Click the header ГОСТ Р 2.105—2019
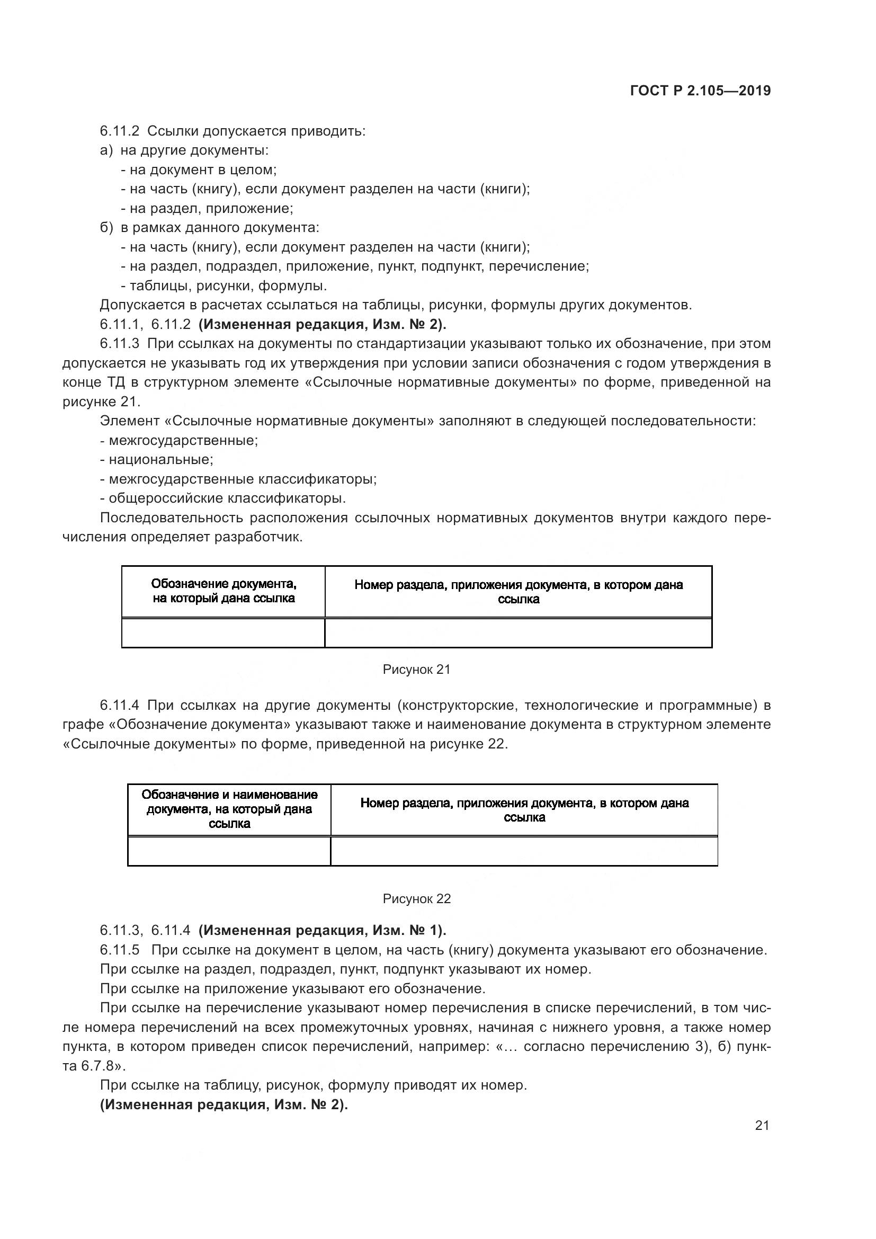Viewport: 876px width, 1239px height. coord(700,91)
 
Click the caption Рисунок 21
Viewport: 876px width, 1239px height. coord(416,670)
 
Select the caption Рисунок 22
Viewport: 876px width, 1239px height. coord(416,898)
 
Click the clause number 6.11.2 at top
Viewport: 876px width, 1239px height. coord(119,131)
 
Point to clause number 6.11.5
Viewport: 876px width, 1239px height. coord(119,949)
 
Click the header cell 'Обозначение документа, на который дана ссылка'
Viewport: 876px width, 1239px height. coord(224,591)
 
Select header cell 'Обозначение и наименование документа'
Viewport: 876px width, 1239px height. coord(229,809)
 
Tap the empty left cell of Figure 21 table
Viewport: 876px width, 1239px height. coord(224,632)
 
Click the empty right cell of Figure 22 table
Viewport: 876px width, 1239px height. coord(524,851)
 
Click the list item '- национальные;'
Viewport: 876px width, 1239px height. coord(156,460)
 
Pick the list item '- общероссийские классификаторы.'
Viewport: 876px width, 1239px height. coord(223,498)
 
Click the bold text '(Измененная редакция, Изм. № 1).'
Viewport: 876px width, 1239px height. coord(322,930)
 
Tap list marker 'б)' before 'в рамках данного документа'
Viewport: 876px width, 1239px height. coord(106,228)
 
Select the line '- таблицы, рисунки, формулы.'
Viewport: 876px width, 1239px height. coord(224,286)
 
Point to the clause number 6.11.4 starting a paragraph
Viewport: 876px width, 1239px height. coord(119,705)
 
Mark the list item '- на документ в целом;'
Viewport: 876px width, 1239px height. coord(199,170)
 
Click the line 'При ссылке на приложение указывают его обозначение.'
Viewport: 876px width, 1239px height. coord(293,988)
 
